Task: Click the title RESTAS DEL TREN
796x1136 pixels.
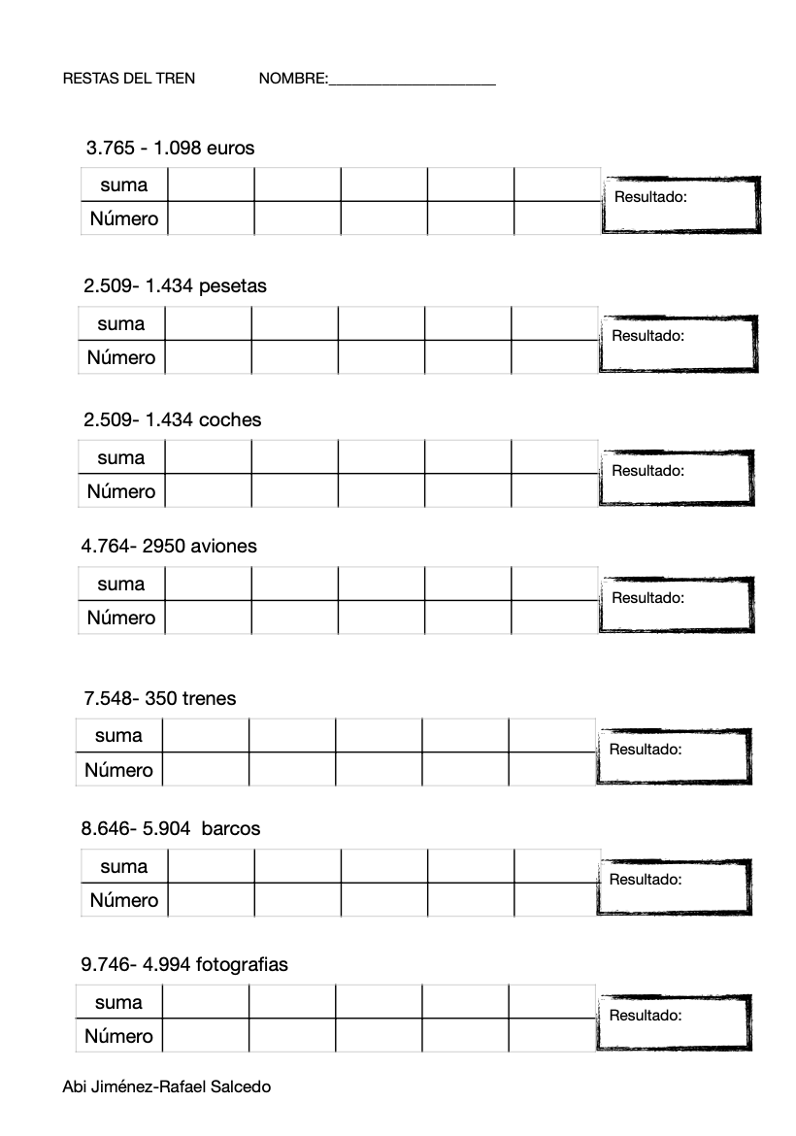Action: coord(128,79)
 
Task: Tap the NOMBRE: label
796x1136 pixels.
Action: coord(293,79)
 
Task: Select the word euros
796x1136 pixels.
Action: coord(231,149)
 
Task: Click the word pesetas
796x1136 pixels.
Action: coord(233,286)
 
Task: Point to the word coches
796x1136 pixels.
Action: coord(230,419)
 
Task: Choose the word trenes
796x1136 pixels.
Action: coord(209,698)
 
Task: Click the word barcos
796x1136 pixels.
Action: coord(231,829)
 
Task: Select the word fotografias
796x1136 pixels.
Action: coord(242,965)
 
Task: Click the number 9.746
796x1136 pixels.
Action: coord(105,965)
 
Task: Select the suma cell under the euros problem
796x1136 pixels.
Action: coord(124,184)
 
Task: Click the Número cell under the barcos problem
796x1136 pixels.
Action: coord(124,900)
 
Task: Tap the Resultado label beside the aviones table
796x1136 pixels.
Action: coord(648,597)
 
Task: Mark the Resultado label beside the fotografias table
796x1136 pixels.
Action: coord(646,1015)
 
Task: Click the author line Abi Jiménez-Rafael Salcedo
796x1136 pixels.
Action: coord(166,1086)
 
